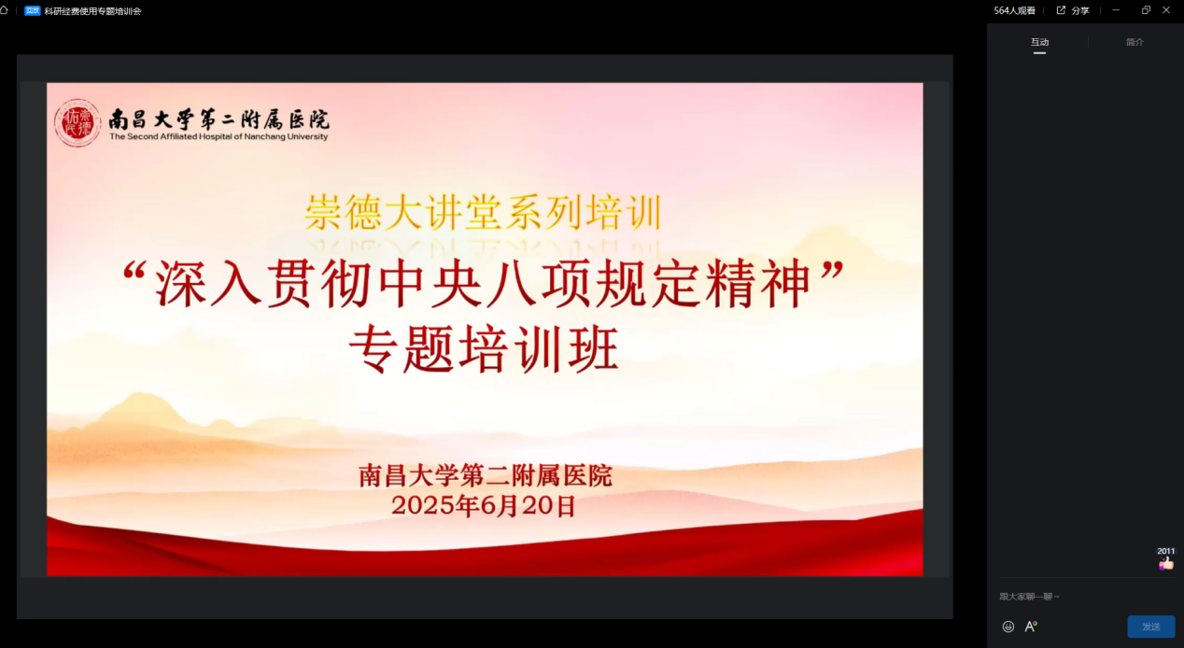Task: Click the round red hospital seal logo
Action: tap(78, 122)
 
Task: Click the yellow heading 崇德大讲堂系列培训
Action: tap(483, 213)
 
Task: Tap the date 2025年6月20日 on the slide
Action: tap(483, 505)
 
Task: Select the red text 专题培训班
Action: tap(484, 349)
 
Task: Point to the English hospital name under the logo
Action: tap(218, 136)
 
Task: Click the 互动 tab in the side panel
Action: tap(1039, 42)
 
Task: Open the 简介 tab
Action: tap(1135, 42)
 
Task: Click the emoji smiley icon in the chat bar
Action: tap(1008, 627)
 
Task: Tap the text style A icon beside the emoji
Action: tap(1031, 627)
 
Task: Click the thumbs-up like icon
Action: tap(1166, 563)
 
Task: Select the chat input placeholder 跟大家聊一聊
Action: tap(1029, 597)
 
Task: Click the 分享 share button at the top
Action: tap(1073, 10)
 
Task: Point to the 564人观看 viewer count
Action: tap(1014, 10)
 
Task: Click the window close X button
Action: tap(1166, 10)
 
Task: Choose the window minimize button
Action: tap(1116, 10)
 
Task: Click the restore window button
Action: tap(1146, 10)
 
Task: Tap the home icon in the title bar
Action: tap(5, 10)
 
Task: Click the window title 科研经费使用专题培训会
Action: tap(92, 11)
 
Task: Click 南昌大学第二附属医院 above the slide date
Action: tap(486, 475)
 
